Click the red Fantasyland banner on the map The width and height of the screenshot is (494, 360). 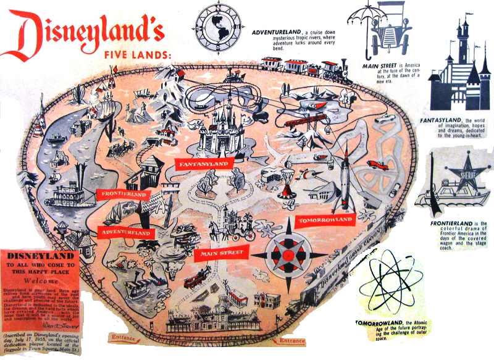pos(203,164)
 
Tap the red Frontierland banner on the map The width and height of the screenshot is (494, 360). pos(124,194)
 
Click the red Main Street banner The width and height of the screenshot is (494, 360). pos(220,253)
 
